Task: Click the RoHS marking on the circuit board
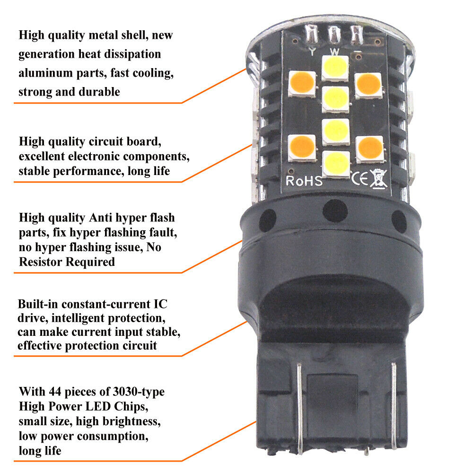[304, 181]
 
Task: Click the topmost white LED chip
[335, 69]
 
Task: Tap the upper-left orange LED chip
[302, 84]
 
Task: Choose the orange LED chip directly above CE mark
[369, 148]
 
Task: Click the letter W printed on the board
[334, 51]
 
